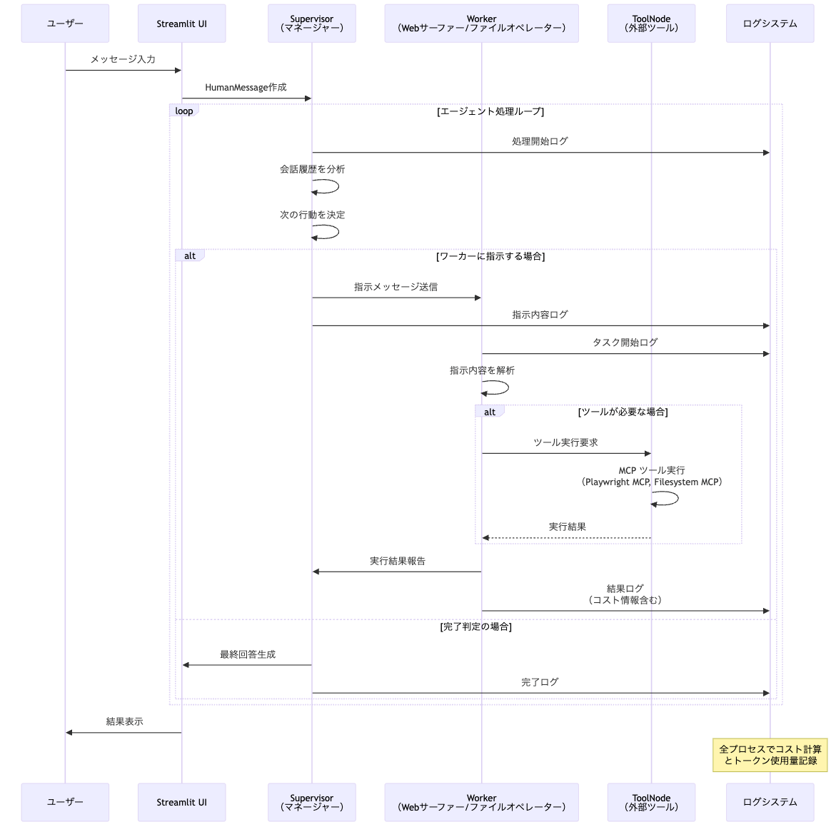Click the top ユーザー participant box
pos(65,24)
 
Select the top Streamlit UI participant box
pos(181,24)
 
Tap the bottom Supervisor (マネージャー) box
pos(311,802)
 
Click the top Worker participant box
pos(481,24)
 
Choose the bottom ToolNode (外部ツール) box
pos(651,802)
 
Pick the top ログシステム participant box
pos(770,24)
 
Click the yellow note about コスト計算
pos(770,755)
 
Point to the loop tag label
pos(184,111)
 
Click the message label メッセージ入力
pos(123,59)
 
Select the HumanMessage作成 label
pos(246,87)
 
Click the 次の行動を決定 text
pos(312,215)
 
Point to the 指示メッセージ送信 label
pos(396,287)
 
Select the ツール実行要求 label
pos(565,442)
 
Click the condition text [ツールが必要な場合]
pos(623,412)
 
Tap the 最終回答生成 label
pos(247,654)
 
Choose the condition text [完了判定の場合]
pos(475,626)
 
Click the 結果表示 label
pos(124,721)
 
